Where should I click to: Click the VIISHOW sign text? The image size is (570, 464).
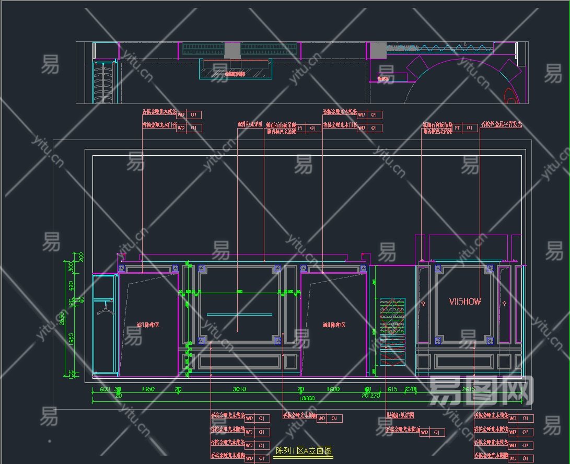465,301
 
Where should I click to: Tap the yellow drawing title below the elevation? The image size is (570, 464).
303,451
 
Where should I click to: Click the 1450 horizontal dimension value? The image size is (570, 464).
148,389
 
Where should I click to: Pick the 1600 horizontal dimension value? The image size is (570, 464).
333,389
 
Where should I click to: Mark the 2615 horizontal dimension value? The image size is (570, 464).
469,389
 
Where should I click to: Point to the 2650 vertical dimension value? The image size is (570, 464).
62,318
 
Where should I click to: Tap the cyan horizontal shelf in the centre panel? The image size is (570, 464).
239,315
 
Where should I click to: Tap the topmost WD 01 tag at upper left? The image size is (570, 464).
188,115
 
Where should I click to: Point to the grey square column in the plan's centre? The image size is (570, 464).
232,51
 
